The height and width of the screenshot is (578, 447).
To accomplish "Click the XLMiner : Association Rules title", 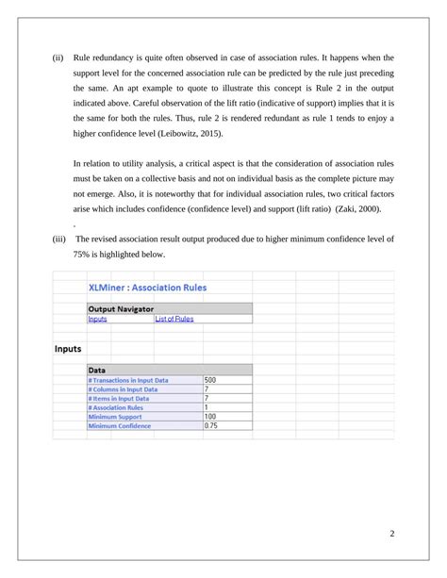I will coord(147,288).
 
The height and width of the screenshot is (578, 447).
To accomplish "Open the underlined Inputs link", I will coord(97,320).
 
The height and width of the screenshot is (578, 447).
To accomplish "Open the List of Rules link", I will coord(174,320).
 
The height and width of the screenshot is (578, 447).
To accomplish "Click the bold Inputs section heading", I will coord(67,349).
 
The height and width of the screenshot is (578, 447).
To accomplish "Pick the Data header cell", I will coord(96,370).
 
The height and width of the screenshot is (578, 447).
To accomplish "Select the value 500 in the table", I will coord(210,380).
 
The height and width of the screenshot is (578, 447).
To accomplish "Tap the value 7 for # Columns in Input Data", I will coord(207,388).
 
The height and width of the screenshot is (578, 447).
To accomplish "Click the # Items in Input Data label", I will coord(118,398).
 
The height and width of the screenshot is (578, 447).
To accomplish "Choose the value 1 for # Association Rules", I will coord(207,407).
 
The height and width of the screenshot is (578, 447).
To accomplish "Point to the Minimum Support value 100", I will coord(210,416).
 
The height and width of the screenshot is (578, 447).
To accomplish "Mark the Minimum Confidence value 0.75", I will coord(211,425).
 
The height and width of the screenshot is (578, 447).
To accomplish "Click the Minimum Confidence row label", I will coord(121,425).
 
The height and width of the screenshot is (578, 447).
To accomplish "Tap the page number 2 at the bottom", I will coord(390,535).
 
